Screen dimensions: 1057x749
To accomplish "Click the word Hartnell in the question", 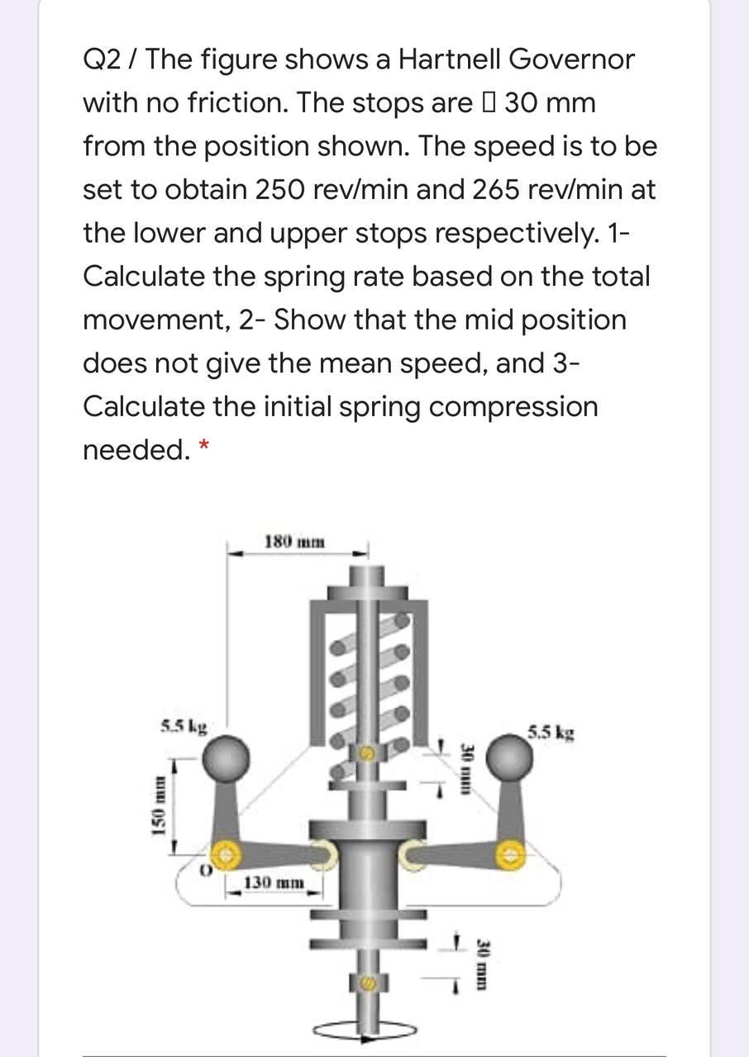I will pos(451,59).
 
